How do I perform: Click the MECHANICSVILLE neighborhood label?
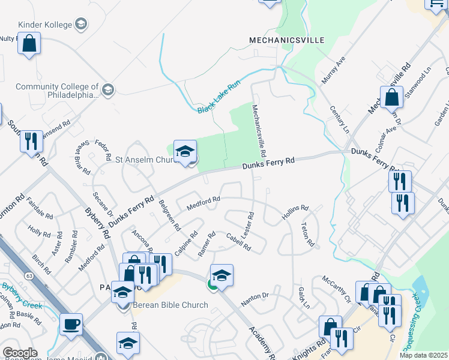click(x=287, y=40)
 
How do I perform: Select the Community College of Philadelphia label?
click(x=57, y=91)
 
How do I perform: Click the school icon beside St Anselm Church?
click(x=185, y=152)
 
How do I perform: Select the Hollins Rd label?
click(x=296, y=213)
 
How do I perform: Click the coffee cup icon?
click(x=71, y=324)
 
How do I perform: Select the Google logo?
click(x=20, y=353)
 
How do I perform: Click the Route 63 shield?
click(x=29, y=275)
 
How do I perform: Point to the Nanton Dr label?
click(x=255, y=296)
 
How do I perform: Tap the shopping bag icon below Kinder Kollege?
click(x=29, y=43)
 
